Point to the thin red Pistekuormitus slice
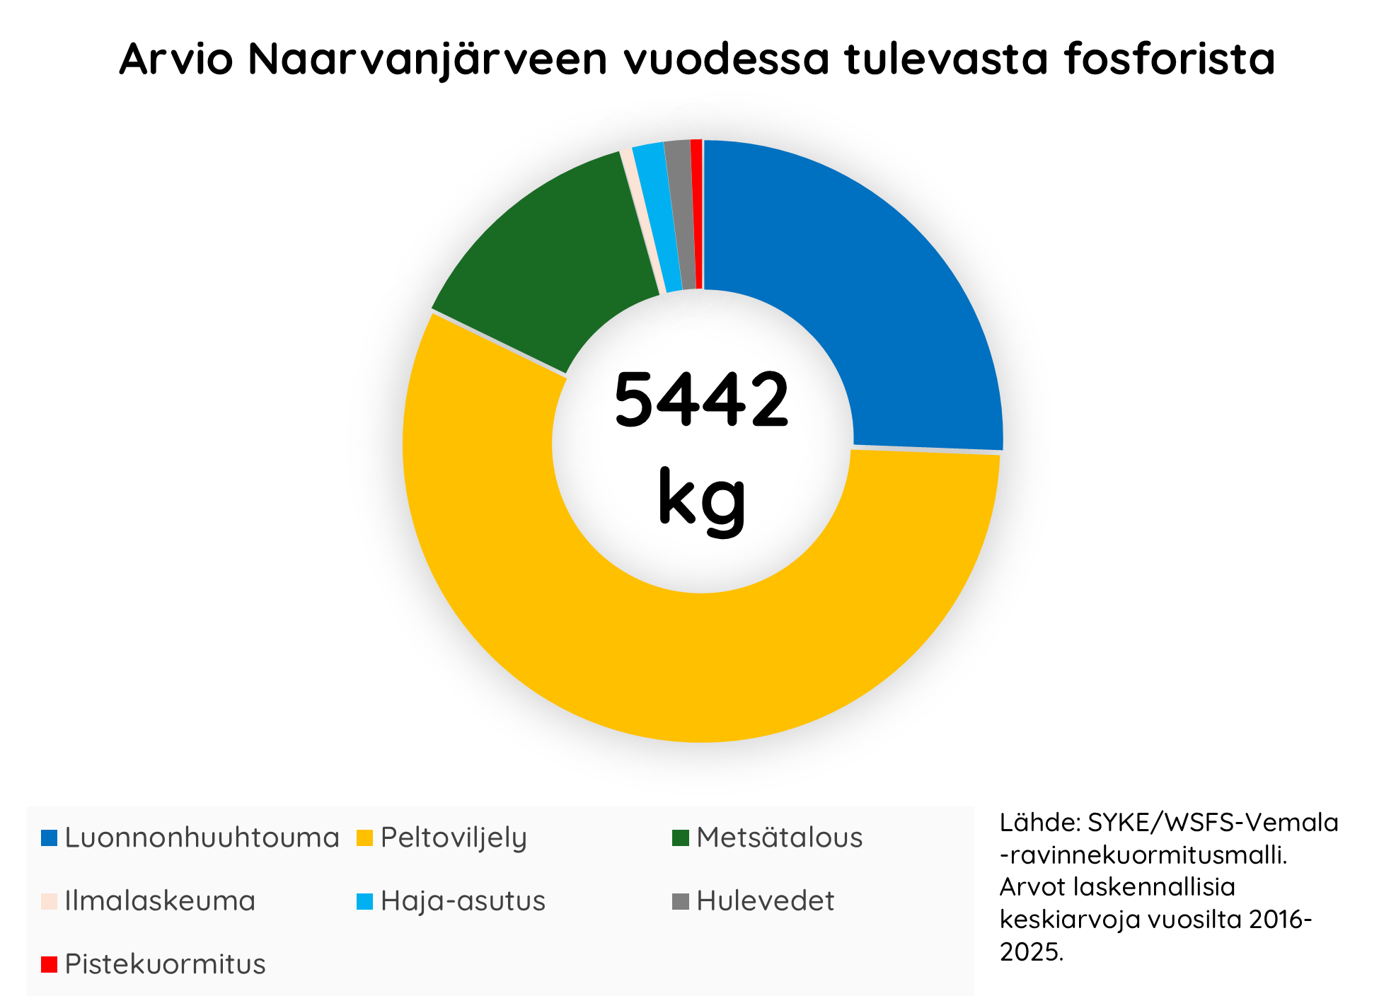click(x=697, y=212)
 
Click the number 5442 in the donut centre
click(x=700, y=400)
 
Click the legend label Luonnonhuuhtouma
click(x=202, y=838)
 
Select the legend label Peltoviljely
click(x=454, y=838)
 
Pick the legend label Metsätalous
click(x=779, y=838)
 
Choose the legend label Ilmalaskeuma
click(x=160, y=901)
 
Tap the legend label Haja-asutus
click(x=463, y=901)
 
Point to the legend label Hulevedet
click(x=765, y=901)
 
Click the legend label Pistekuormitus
click(x=165, y=963)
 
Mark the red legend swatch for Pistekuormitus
click(x=49, y=963)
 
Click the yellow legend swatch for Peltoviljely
click(x=364, y=838)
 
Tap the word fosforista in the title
click(x=1169, y=59)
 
